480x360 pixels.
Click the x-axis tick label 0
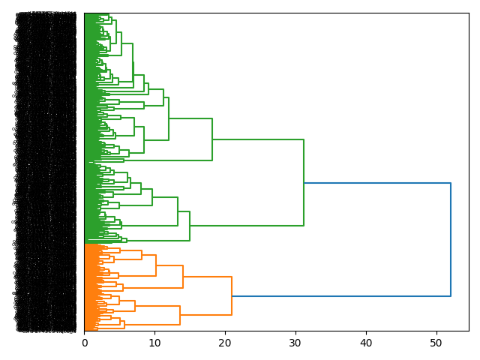pos(85,343)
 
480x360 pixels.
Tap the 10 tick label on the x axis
pos(155,343)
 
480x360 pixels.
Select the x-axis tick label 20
pos(226,343)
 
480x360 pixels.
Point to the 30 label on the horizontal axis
pos(296,343)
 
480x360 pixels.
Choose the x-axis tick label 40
pos(367,343)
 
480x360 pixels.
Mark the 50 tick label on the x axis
pos(437,343)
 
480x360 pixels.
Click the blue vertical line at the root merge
pos(451,240)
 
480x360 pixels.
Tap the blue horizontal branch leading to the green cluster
pos(377,183)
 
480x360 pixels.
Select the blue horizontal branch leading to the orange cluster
pos(341,296)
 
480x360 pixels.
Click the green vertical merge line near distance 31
pos(304,182)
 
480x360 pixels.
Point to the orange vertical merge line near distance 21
pos(232,296)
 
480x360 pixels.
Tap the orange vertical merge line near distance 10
pos(156,265)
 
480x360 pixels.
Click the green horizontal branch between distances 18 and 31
pos(258,139)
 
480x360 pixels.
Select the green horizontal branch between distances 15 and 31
pos(247,225)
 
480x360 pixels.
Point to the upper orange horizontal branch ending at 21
pos(207,277)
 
